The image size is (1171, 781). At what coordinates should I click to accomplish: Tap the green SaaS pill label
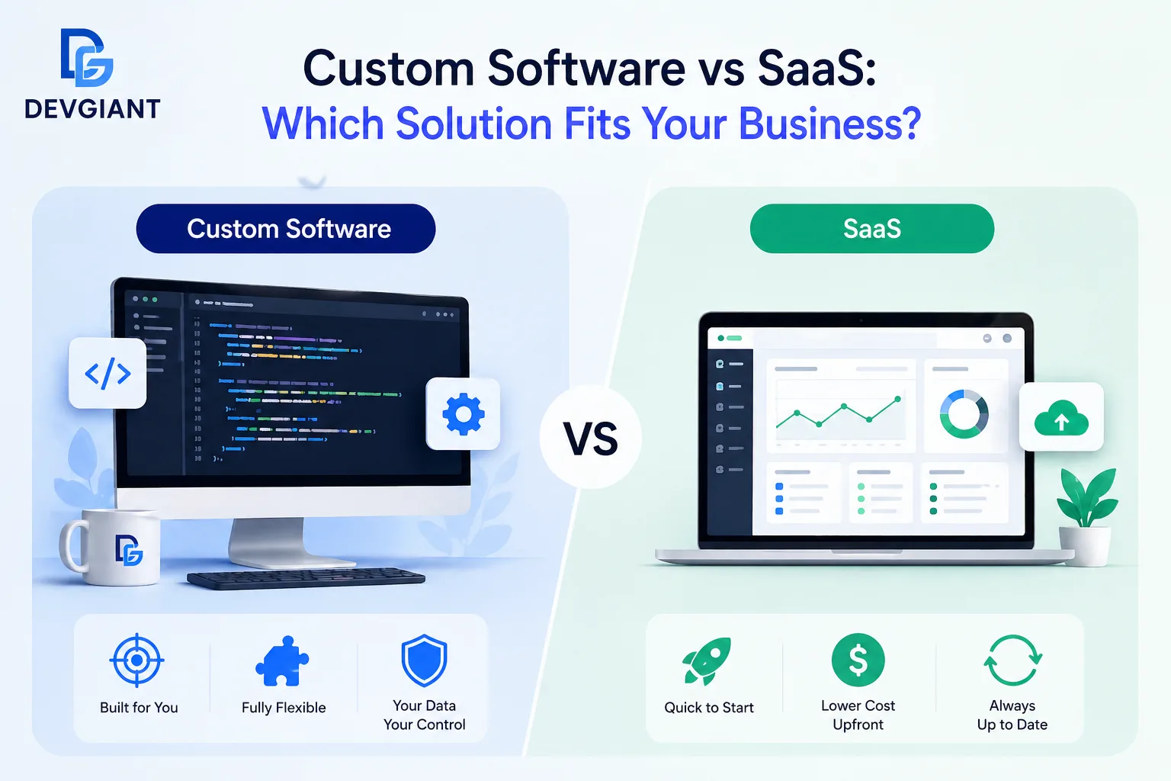871,228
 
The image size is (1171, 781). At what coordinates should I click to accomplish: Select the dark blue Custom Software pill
286,228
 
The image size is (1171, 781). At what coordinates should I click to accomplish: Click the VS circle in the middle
590,438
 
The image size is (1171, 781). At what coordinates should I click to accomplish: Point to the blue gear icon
464,414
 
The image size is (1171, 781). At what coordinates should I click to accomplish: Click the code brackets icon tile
107,374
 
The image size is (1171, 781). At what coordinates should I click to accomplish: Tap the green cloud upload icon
1061,417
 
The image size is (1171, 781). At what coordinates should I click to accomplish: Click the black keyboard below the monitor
306,578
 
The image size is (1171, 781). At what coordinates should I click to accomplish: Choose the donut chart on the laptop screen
964,414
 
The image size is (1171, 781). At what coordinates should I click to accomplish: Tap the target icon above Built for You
136,660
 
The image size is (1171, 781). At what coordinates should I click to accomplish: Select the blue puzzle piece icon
282,660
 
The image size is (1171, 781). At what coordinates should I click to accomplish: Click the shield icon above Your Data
424,660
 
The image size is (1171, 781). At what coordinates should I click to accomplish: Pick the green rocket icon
707,660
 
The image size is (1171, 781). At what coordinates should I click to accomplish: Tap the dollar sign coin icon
858,660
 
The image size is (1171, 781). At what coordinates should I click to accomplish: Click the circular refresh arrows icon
1012,660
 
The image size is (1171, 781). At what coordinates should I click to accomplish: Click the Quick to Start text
709,708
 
